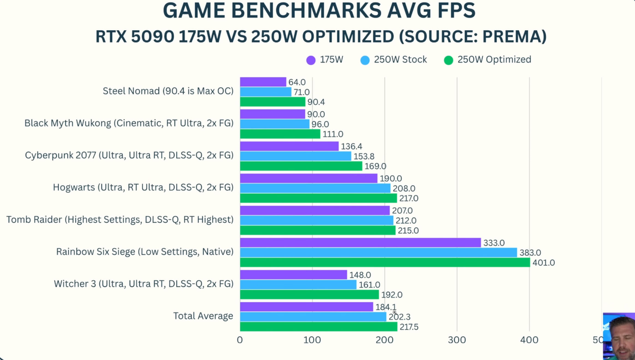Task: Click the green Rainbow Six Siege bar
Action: [x=385, y=263]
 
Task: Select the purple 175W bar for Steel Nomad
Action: [x=263, y=82]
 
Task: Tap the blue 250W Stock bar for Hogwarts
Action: [x=315, y=188]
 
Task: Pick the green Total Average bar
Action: [x=319, y=327]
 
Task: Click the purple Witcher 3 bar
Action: [x=293, y=275]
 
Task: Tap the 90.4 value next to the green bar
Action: [x=316, y=102]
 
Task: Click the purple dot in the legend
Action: [x=311, y=60]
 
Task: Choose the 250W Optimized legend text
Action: [x=494, y=60]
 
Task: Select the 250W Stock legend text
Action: [x=401, y=60]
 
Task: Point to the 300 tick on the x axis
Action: [x=457, y=340]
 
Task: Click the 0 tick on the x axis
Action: [x=240, y=340]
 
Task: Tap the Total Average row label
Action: [x=203, y=316]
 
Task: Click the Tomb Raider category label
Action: [x=120, y=219]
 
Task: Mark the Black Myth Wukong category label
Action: [x=129, y=123]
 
